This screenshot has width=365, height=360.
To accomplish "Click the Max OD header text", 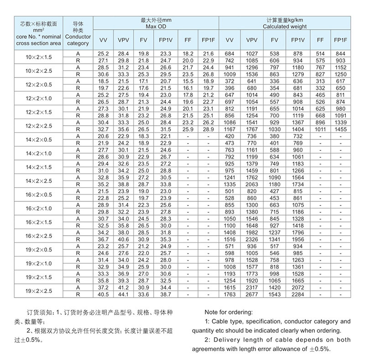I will tap(156, 26).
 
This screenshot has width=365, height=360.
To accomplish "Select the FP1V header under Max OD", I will tap(165, 40).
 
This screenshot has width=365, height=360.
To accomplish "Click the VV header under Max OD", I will tap(103, 40).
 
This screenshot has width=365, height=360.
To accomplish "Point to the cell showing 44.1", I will tap(124, 294).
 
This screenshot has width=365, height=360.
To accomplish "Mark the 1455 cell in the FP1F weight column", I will tap(340, 129).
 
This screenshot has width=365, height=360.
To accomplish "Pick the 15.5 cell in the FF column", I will tap(188, 81).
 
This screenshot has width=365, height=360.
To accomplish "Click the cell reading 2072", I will tap(297, 288).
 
